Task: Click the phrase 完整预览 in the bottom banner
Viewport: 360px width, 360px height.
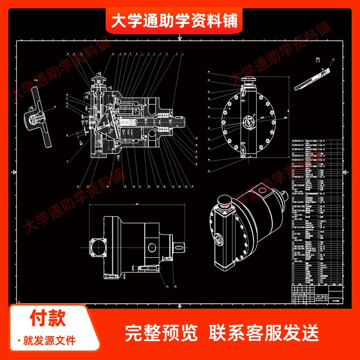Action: coord(161,333)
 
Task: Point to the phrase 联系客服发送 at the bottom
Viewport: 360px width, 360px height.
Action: coord(264,333)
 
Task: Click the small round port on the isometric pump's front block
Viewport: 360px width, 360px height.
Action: coord(220,238)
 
